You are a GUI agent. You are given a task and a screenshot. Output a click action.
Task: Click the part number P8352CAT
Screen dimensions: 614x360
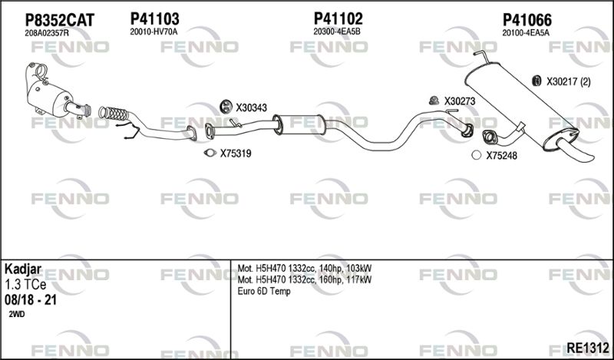tap(60, 20)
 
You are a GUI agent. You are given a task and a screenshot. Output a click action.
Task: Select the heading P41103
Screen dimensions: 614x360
tap(155, 18)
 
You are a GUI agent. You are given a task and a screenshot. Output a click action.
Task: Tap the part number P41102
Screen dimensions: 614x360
tap(338, 18)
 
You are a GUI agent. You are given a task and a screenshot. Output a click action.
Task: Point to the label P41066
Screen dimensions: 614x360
tap(527, 20)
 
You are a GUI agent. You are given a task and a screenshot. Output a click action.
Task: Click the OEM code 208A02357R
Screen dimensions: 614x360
tap(47, 33)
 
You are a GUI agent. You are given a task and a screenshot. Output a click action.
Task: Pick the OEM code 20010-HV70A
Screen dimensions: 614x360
tap(154, 32)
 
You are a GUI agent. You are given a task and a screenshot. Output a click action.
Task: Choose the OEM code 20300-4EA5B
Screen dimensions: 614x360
tap(337, 32)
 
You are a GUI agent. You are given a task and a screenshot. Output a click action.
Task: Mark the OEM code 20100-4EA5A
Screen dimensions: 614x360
tap(526, 33)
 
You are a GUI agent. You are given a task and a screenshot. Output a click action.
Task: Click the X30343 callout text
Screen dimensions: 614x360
tap(251, 107)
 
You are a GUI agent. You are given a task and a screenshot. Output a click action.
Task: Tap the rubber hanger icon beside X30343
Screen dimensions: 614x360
tap(226, 106)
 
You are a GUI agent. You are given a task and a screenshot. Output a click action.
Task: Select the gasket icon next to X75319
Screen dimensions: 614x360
tap(210, 153)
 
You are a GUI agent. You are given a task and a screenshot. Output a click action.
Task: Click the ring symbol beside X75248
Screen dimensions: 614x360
tap(476, 155)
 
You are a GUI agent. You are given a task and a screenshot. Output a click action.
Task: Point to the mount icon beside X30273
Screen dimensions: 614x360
tap(433, 101)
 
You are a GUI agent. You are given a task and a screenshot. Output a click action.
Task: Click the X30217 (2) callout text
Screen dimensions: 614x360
tap(569, 82)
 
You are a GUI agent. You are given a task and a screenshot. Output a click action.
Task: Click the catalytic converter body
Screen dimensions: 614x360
tap(50, 98)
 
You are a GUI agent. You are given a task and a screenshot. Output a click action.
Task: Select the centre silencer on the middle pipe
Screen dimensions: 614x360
tap(299, 124)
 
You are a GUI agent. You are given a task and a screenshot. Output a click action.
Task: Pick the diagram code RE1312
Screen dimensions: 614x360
tap(588, 348)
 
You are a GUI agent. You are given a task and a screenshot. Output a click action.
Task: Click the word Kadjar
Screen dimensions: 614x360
tap(23, 269)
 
